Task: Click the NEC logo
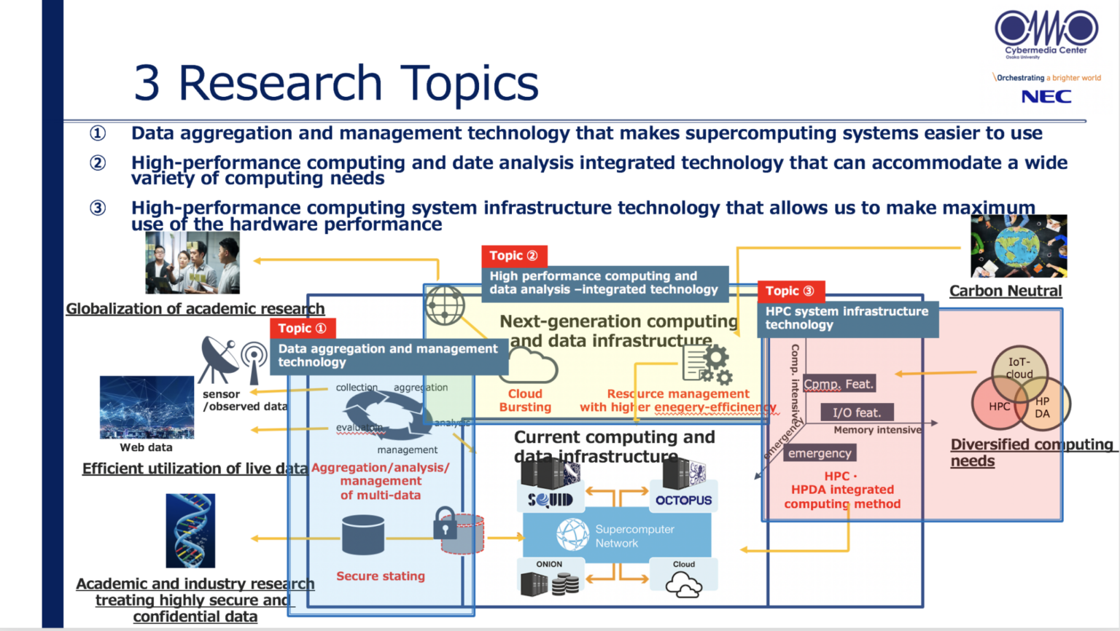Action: click(1046, 96)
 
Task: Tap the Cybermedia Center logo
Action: click(1046, 33)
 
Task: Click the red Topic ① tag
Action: click(303, 329)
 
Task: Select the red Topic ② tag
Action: click(514, 256)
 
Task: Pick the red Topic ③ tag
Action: click(790, 291)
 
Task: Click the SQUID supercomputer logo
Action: click(550, 500)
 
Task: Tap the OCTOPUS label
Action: click(683, 500)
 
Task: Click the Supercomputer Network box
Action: click(617, 536)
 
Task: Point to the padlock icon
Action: click(445, 523)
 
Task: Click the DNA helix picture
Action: click(190, 530)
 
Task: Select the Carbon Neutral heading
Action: click(1005, 291)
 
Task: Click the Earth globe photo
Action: click(1019, 246)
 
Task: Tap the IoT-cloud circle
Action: click(1019, 368)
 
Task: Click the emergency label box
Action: click(820, 453)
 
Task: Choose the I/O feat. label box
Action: click(857, 412)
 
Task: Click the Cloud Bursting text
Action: click(525, 400)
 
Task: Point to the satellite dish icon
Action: click(218, 357)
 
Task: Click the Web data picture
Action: click(147, 407)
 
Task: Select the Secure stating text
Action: click(381, 576)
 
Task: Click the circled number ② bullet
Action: click(98, 162)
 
